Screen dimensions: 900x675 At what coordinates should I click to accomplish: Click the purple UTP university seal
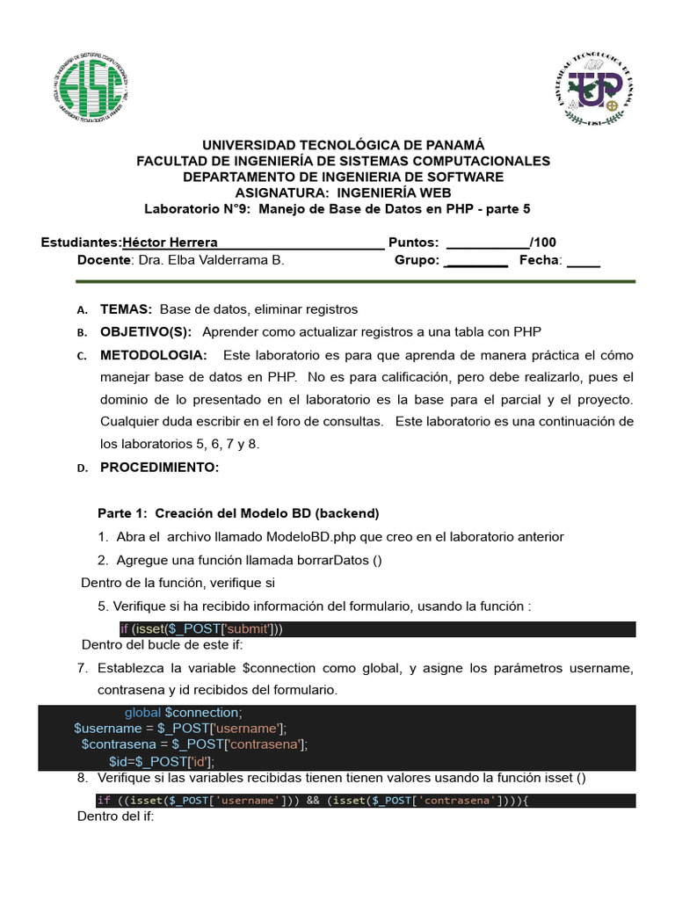pyautogui.click(x=594, y=91)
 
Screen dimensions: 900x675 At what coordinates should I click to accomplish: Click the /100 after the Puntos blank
pyautogui.click(x=543, y=243)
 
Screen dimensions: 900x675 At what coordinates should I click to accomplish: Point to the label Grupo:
pyautogui.click(x=417, y=260)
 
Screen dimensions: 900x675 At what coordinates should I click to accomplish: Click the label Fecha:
pyautogui.click(x=541, y=260)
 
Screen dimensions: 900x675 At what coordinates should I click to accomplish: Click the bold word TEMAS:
pyautogui.click(x=127, y=309)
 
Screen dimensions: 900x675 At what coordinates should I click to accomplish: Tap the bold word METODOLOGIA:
pyautogui.click(x=154, y=355)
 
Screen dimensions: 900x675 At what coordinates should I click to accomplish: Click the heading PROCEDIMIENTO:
pyautogui.click(x=159, y=468)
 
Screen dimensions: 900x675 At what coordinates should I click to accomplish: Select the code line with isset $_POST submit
pyautogui.click(x=201, y=628)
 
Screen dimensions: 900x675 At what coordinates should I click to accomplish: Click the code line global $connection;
pyautogui.click(x=182, y=713)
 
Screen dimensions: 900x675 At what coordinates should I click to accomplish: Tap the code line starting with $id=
pyautogui.click(x=162, y=761)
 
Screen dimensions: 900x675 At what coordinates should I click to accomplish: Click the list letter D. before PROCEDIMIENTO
pyautogui.click(x=82, y=468)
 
